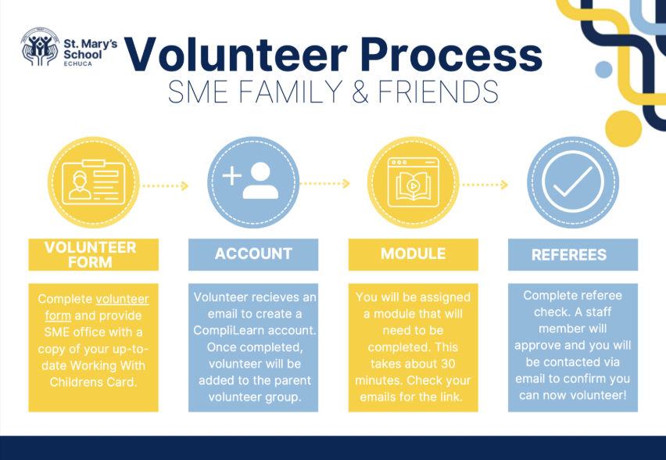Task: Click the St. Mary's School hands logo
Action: tap(40, 47)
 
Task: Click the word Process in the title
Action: tap(452, 55)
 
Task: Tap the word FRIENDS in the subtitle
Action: tap(439, 92)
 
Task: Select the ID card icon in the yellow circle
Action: tap(94, 182)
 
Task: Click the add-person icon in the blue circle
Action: tap(251, 180)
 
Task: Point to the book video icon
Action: tap(414, 182)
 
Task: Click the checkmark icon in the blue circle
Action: tap(572, 181)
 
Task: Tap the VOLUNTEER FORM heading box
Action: tap(94, 255)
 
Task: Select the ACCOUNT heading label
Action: tap(253, 253)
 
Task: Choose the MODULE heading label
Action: tap(414, 253)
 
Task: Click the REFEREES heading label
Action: tap(569, 255)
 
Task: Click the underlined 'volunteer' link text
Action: tap(122, 299)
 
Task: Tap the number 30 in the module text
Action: tap(446, 364)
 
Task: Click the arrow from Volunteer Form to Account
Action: tap(164, 185)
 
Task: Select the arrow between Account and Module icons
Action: tap(325, 184)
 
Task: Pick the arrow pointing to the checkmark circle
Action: tap(485, 185)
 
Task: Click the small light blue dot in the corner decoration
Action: tap(603, 70)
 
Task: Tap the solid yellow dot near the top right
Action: tap(623, 129)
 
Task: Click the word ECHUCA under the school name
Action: tap(77, 64)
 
